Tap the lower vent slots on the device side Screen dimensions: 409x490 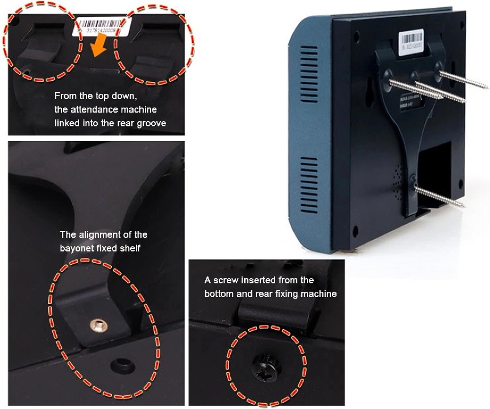point(309,181)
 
